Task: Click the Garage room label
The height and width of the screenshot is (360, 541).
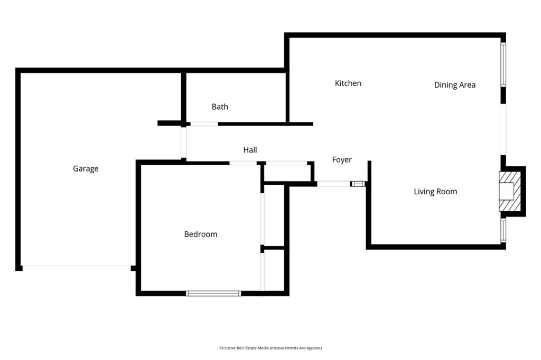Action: [x=86, y=169]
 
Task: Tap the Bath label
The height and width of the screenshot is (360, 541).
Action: [x=220, y=107]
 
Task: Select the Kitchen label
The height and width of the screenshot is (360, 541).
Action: [x=348, y=83]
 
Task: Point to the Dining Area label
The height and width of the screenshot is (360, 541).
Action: [x=454, y=85]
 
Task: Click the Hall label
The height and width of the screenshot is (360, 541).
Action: [x=250, y=150]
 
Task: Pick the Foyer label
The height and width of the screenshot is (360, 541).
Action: [x=342, y=160]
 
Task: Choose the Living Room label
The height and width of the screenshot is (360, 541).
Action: [x=435, y=192]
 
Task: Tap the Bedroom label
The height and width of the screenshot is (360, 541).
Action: [x=200, y=234]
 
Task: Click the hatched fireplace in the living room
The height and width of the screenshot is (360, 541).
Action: [x=510, y=191]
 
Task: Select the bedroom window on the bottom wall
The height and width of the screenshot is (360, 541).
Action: [x=213, y=293]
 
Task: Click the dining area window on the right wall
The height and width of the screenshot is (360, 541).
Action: [x=503, y=64]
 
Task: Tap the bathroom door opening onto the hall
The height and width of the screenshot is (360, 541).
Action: [x=204, y=124]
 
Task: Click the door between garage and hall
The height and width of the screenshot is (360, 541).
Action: [x=184, y=142]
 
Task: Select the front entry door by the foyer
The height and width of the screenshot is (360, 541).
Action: [x=333, y=184]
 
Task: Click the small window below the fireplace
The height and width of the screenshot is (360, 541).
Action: [x=503, y=230]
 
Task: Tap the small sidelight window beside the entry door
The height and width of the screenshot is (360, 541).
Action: [x=358, y=184]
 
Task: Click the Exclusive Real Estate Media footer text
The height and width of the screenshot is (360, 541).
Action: [x=270, y=348]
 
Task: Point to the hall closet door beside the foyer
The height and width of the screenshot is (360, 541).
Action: [x=286, y=163]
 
